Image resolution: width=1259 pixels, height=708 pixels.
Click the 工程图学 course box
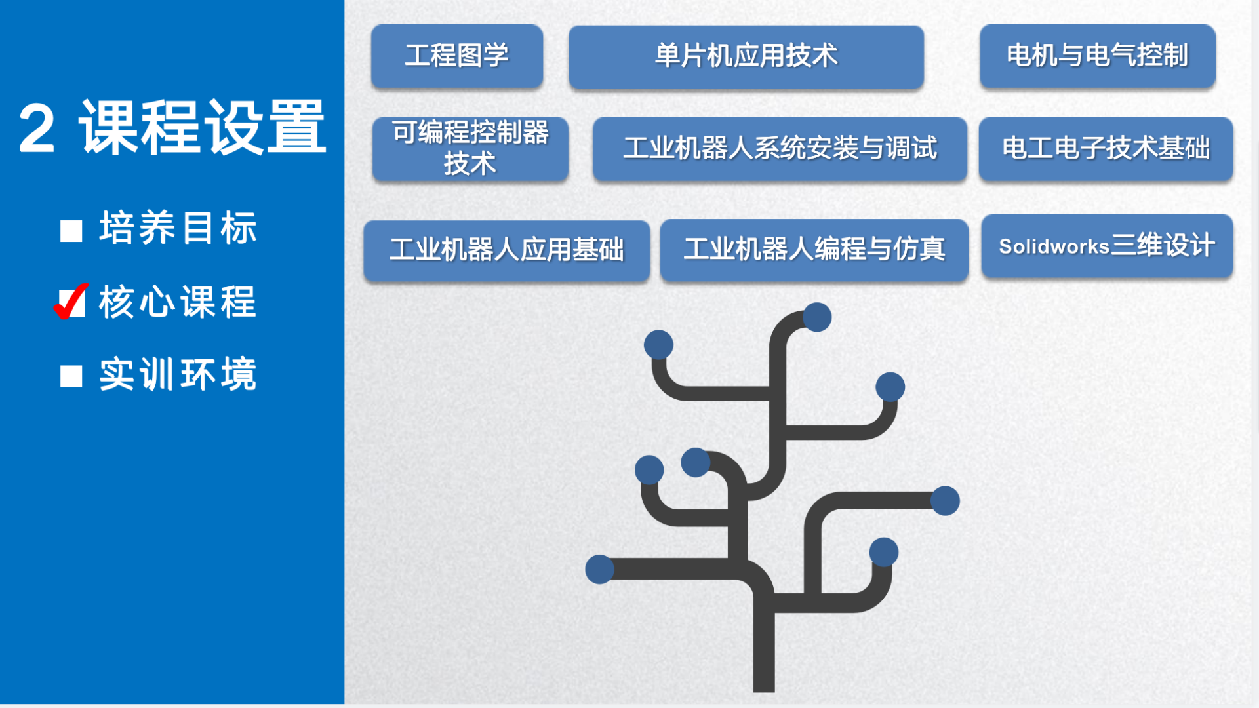point(457,56)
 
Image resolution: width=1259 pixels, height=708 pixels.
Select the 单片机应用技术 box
point(746,56)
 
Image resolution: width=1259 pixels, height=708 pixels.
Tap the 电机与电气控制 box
point(1098,56)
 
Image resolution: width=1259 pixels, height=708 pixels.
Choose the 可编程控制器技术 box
point(470,149)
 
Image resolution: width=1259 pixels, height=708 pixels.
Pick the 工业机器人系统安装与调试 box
point(780,149)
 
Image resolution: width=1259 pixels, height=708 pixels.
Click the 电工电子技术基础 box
point(1106,149)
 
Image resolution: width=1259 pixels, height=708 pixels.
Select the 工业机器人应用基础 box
point(507,250)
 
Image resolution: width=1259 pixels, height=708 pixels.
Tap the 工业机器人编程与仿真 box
point(814,250)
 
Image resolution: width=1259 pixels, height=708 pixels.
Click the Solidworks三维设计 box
point(1108,246)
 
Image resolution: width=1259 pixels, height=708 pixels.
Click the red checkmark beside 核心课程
point(71,302)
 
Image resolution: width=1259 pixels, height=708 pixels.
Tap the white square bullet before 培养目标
point(71,231)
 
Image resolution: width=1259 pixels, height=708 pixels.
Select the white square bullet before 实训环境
point(71,376)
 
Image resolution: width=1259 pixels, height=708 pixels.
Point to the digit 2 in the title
point(37,128)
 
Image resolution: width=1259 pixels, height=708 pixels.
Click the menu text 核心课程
point(178,302)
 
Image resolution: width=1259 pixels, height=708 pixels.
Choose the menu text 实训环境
point(178,374)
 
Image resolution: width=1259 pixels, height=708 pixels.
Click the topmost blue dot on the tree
point(817,317)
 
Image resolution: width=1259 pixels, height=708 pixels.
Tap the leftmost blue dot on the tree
point(599,569)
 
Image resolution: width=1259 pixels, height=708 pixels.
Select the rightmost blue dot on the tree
point(945,501)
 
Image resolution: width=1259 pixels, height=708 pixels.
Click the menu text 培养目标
point(178,228)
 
